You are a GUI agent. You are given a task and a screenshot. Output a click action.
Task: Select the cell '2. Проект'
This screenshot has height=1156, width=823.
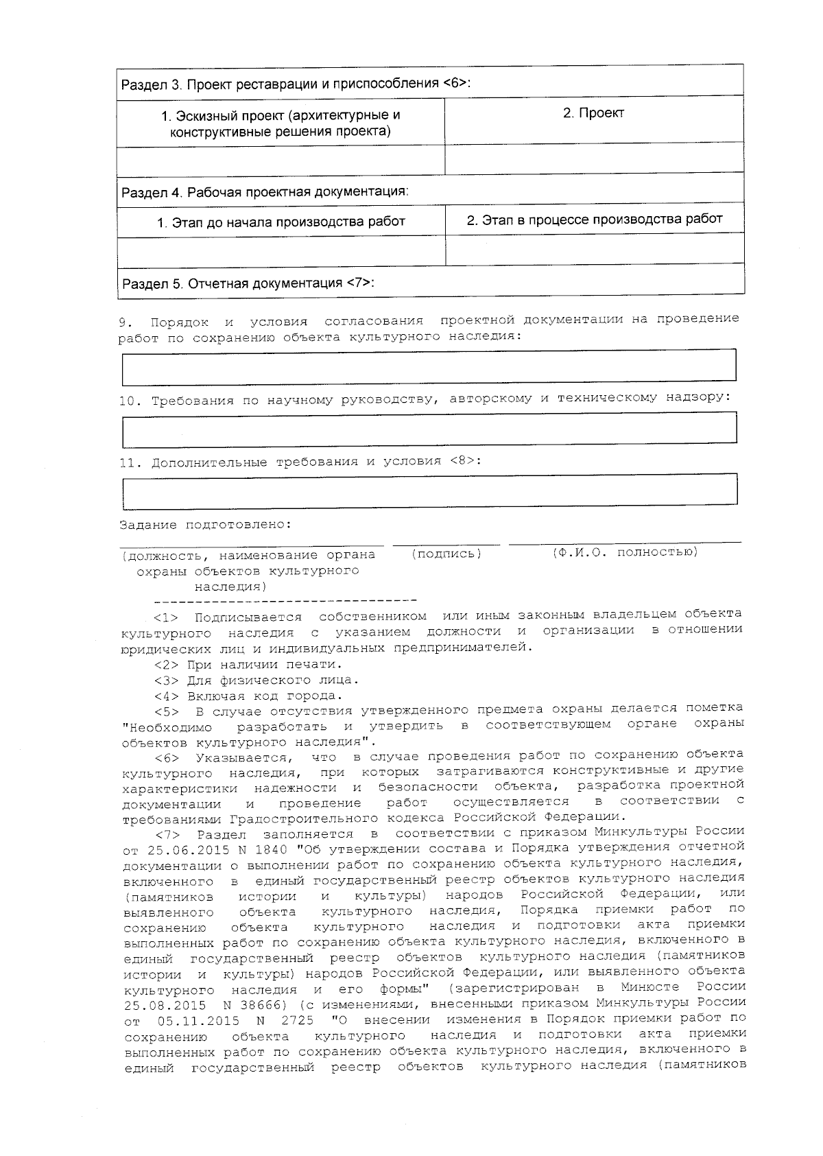tap(593, 113)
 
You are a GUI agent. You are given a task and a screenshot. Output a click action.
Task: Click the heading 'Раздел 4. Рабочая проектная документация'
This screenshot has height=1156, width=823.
tap(265, 191)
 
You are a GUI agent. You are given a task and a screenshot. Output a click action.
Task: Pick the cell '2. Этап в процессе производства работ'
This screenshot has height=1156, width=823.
tap(594, 220)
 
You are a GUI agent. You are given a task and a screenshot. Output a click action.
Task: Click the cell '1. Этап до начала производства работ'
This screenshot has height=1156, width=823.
tap(281, 222)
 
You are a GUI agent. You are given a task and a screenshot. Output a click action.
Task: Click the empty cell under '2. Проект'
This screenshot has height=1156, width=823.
tap(594, 159)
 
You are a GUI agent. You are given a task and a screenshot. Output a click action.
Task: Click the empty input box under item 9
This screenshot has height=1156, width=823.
tap(429, 366)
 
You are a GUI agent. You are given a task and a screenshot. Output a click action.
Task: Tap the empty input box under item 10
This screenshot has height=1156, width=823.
tap(429, 429)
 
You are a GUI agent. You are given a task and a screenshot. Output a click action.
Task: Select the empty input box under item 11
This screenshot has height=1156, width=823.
tap(429, 490)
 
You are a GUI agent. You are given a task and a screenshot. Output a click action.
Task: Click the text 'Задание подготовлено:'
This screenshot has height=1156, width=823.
tap(206, 525)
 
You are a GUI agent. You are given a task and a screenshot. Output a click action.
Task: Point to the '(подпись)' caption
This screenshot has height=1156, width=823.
tap(446, 554)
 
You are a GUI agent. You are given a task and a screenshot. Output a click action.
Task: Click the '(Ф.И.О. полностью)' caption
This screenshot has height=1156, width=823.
tap(625, 552)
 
